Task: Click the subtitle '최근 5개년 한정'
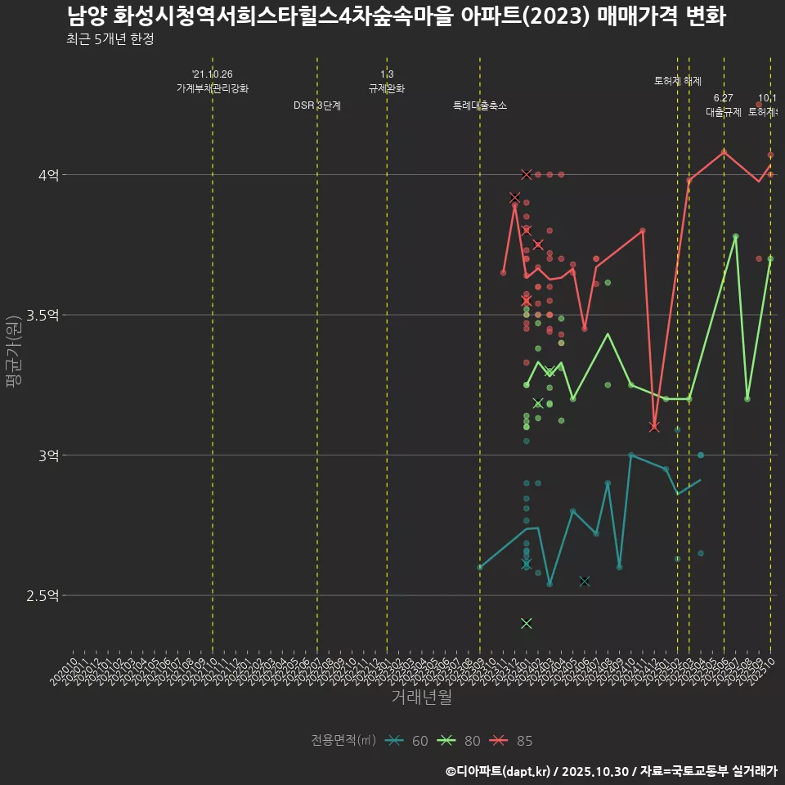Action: [110, 39]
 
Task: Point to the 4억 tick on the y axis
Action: [47, 175]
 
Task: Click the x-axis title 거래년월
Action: [421, 697]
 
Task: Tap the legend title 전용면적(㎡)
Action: [343, 741]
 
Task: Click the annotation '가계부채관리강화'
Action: [213, 88]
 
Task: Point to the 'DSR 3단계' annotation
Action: [317, 105]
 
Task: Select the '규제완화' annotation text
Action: [387, 88]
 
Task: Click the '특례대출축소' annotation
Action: [480, 105]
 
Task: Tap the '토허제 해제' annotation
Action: [678, 81]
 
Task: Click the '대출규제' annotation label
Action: [724, 112]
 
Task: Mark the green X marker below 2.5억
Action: [526, 623]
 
